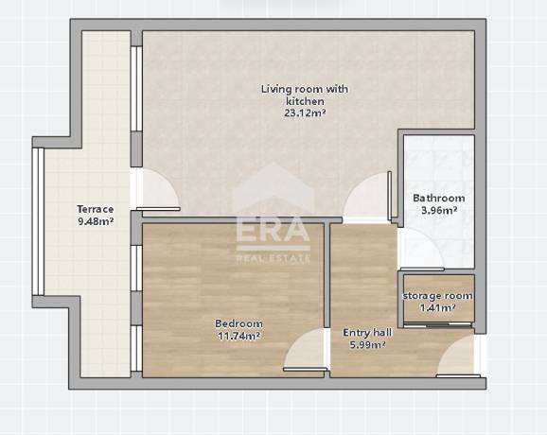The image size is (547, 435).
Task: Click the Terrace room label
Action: tap(96, 209)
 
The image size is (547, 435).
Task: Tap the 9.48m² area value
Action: tap(96, 221)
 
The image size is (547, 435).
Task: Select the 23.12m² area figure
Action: tap(305, 113)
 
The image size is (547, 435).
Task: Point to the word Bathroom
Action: tap(439, 198)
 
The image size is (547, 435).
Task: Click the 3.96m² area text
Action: tap(439, 210)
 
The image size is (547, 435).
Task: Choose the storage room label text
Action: tap(438, 296)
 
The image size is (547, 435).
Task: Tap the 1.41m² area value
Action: tap(437, 307)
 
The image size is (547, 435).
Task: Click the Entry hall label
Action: tap(367, 333)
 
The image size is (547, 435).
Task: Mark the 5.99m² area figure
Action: tap(367, 345)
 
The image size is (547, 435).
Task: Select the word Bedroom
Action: tap(239, 323)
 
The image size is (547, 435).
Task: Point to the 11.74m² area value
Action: tap(239, 336)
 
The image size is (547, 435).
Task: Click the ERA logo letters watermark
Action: tap(273, 229)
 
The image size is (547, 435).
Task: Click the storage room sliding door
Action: tap(438, 325)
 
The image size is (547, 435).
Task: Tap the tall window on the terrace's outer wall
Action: tap(38, 221)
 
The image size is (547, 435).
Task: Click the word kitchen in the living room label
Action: tap(305, 101)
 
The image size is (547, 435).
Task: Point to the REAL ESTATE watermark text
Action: tap(273, 258)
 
